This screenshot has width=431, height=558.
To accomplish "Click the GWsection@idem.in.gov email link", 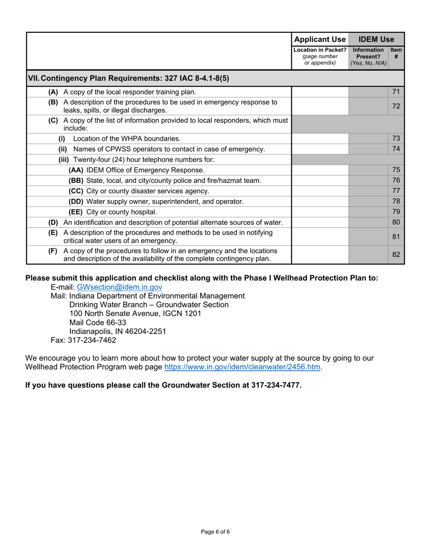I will [119, 287].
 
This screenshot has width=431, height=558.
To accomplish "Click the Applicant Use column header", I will [319, 39].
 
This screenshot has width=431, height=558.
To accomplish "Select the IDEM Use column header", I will [376, 39].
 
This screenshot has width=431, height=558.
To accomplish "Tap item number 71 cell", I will [396, 92].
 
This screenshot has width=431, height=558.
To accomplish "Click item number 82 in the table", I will [396, 255].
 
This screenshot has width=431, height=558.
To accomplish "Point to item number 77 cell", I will [396, 191].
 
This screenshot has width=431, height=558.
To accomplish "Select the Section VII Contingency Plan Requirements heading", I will [129, 78].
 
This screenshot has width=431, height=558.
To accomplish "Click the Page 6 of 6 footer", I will [215, 532].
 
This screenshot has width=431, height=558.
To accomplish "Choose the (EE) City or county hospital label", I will [113, 212].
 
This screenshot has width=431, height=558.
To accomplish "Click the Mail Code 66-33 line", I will [98, 323].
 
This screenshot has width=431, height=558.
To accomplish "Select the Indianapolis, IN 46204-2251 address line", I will [118, 332].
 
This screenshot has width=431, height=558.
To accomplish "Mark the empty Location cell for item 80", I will [319, 223].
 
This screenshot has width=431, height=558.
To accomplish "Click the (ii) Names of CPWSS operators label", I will [162, 149].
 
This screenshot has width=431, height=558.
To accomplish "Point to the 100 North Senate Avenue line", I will [135, 313].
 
